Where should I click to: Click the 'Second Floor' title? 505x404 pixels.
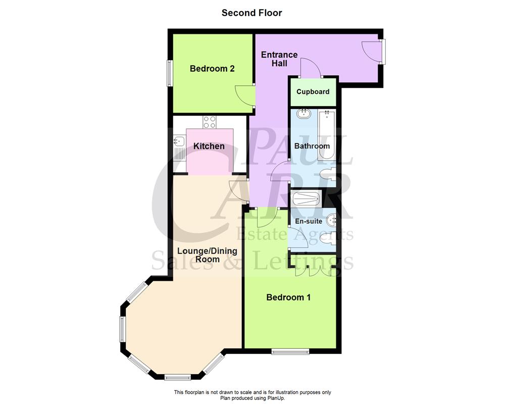252,13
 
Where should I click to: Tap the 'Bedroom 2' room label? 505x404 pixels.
212,69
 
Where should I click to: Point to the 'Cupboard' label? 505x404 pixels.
313,92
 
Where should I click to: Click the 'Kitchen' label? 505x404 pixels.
209,146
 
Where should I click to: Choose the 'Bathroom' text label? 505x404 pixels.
312,146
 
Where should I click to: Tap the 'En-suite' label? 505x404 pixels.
309,221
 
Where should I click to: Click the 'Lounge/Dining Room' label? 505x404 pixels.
207,255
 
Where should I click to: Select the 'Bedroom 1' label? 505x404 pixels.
288,297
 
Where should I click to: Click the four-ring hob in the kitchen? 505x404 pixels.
210,122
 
